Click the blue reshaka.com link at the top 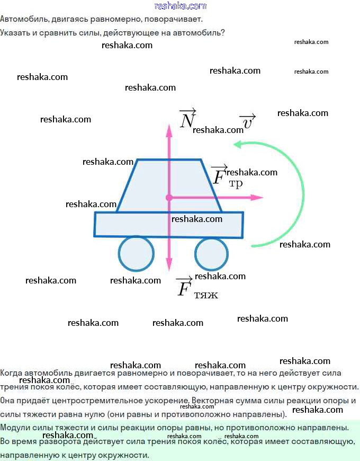pos(181,6)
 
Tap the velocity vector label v pos(248,121)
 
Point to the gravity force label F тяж pos(197,288)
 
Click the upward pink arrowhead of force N pos(169,131)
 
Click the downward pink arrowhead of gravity pos(169,264)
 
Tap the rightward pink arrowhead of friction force pos(257,197)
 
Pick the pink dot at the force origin pos(169,198)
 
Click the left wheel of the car pos(136,253)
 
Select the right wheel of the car pos(211,254)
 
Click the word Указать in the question pos(15,33)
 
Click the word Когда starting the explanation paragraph pos(11,373)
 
